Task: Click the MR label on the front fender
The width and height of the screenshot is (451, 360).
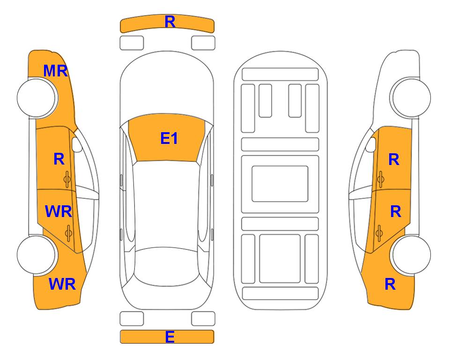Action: click(56, 71)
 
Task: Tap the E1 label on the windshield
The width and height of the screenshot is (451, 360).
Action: click(169, 138)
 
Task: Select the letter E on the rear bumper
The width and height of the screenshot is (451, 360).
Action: click(170, 337)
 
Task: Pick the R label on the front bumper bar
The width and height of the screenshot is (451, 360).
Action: click(170, 22)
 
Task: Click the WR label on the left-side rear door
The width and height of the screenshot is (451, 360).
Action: click(59, 211)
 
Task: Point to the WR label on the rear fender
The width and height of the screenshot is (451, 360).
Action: click(62, 284)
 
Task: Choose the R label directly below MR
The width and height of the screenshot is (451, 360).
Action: click(59, 159)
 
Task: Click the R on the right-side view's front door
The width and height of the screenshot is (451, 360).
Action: click(394, 159)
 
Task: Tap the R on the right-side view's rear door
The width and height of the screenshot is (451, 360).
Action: click(395, 212)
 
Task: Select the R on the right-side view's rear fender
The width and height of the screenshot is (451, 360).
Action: click(390, 284)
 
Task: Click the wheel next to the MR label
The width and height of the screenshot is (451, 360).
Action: click(36, 97)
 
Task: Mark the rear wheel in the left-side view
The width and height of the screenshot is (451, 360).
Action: click(36, 255)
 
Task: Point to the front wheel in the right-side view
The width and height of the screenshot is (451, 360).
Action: click(411, 97)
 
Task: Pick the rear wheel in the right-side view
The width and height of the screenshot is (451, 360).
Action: click(411, 255)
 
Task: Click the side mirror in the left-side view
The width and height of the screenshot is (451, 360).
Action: click(76, 144)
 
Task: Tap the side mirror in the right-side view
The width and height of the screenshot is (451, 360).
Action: click(371, 144)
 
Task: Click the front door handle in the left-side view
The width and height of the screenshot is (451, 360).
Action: click(67, 180)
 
